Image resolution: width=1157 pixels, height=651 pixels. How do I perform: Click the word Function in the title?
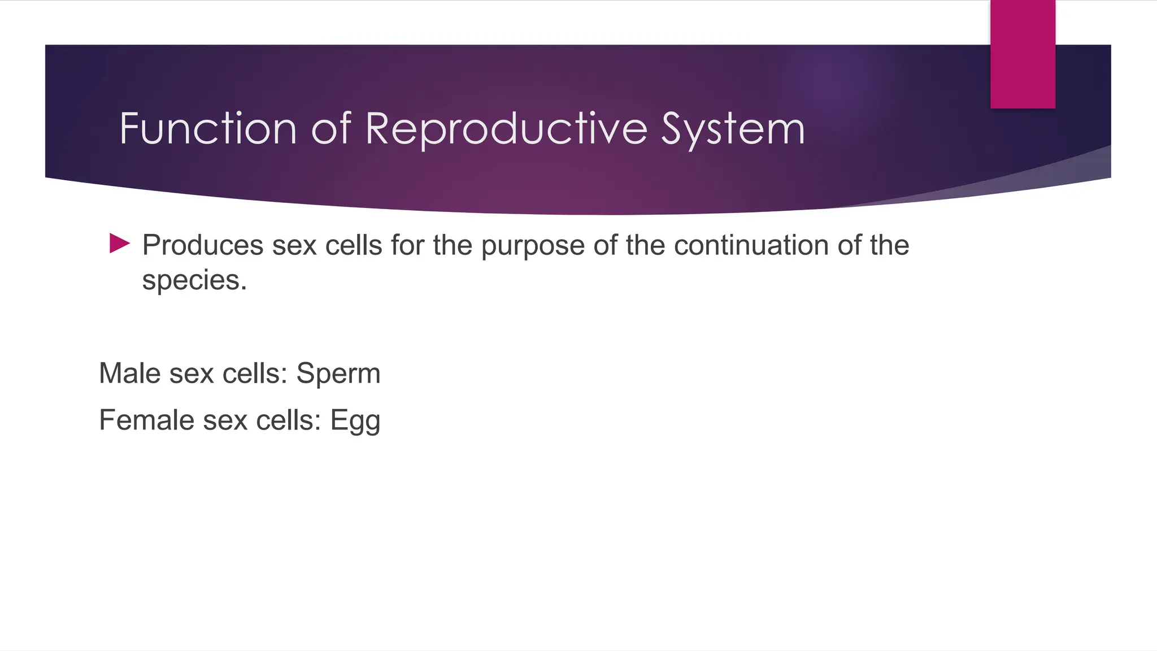(x=208, y=128)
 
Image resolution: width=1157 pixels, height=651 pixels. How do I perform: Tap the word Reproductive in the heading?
(x=506, y=128)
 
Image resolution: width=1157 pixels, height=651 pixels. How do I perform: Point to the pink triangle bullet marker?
(x=119, y=244)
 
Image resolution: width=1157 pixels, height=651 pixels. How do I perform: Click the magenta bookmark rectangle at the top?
(x=1023, y=54)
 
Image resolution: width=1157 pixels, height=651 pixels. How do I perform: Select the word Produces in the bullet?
(x=203, y=245)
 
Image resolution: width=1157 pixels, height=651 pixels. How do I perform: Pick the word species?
(x=194, y=281)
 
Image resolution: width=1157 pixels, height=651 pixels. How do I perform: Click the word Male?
(x=130, y=374)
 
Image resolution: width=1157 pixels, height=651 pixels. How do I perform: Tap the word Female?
(x=147, y=420)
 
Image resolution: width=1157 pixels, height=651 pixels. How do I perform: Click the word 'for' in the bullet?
(x=407, y=245)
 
